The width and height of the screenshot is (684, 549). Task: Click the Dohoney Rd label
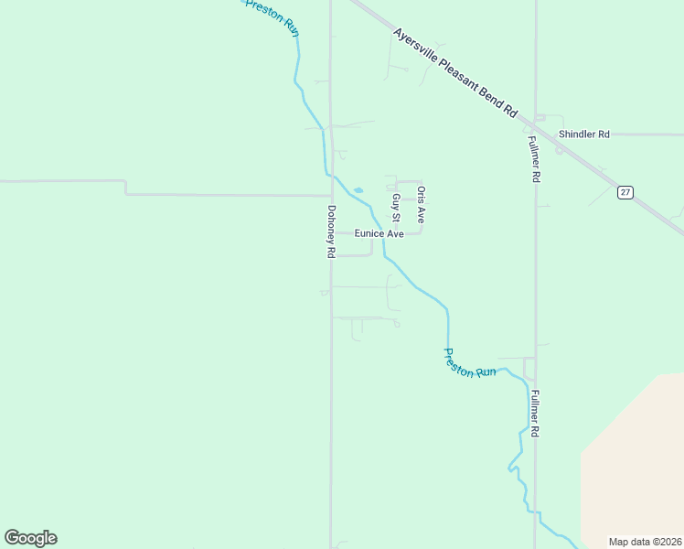tap(331, 231)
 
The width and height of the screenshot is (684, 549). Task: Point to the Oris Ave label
tap(421, 205)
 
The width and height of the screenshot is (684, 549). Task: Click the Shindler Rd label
tap(583, 135)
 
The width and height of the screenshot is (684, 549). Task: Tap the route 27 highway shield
tap(625, 192)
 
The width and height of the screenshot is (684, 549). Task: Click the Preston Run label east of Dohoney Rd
tap(470, 363)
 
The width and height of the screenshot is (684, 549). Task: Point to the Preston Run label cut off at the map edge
tap(273, 15)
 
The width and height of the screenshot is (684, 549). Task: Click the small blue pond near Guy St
tap(358, 190)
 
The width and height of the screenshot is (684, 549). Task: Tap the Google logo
tap(30, 538)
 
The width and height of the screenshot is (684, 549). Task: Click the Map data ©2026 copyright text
tap(644, 542)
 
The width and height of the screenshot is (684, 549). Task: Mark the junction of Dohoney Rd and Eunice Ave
tap(331, 232)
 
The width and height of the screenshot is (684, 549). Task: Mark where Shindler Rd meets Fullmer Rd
tap(536, 135)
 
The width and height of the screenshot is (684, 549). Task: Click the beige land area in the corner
tap(636, 457)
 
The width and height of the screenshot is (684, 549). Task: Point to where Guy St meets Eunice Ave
tap(397, 233)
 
